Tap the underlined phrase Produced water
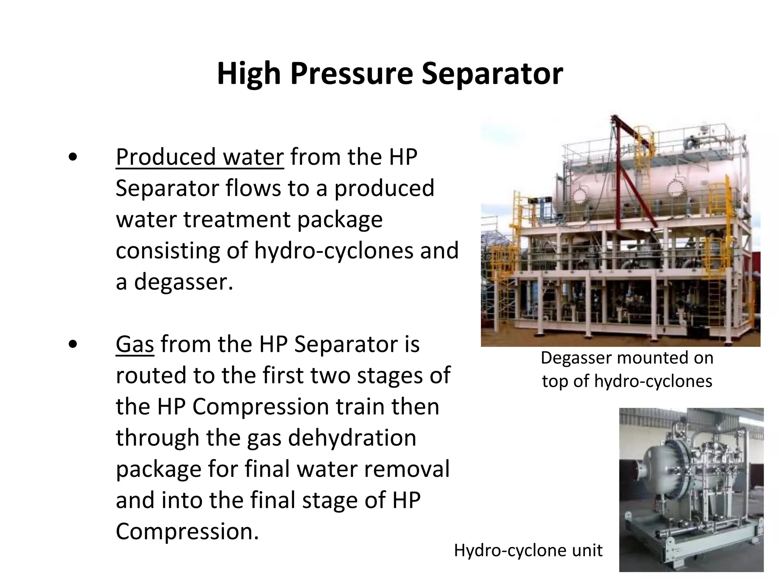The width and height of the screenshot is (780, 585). (200, 157)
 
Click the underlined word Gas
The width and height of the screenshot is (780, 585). (135, 344)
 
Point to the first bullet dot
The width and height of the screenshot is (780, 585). (73, 157)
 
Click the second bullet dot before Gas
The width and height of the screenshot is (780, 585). (73, 344)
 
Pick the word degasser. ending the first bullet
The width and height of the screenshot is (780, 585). (183, 282)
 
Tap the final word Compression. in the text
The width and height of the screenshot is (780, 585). (187, 531)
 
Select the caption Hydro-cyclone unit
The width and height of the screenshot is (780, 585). (528, 550)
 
